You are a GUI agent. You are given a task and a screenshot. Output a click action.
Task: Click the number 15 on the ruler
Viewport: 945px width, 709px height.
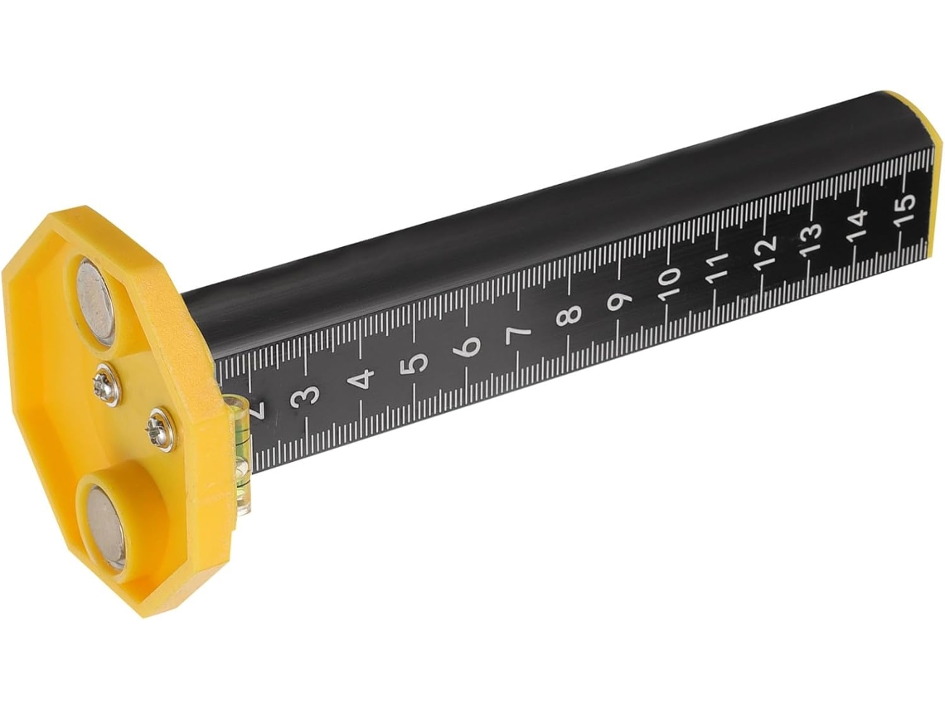905,209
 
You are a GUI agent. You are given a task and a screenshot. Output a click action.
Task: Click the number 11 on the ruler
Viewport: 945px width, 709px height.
717,267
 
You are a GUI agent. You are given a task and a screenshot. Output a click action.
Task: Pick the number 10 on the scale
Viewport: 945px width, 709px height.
670,282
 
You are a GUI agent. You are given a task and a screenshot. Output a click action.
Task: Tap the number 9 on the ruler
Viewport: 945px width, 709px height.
620,299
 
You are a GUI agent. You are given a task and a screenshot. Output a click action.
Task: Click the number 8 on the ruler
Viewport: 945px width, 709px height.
569,313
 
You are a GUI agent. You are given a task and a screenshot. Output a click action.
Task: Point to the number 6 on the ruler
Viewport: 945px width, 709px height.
469,346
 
